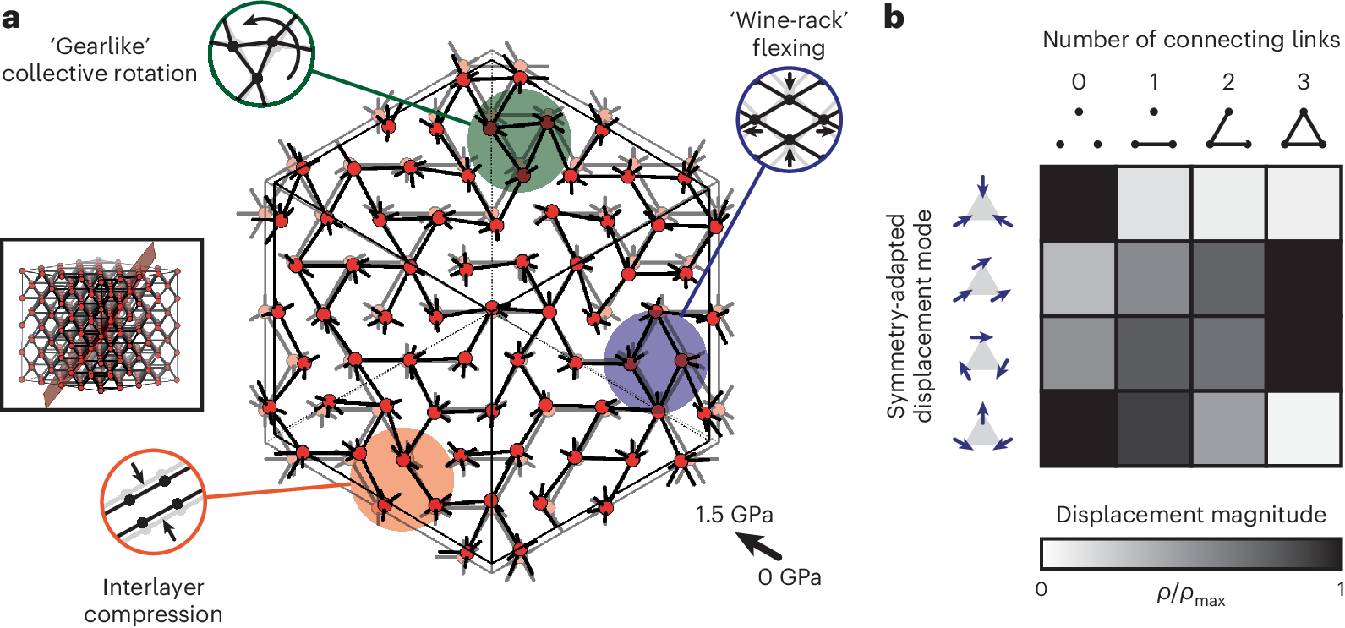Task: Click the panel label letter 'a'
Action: pos(11,17)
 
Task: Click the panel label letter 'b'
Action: pos(894,17)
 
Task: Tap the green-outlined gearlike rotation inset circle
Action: pos(261,54)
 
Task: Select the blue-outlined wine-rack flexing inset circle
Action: pos(790,119)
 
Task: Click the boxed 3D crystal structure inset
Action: pos(101,325)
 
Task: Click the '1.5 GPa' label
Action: pos(734,515)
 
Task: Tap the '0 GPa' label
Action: pos(790,577)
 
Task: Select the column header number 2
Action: pos(1228,82)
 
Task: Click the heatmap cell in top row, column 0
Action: pos(1078,204)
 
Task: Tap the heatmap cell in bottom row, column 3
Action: pos(1304,429)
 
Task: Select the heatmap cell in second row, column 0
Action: pos(1078,279)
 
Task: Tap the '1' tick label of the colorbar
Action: pos(1339,588)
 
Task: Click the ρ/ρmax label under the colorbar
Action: pos(1190,595)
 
